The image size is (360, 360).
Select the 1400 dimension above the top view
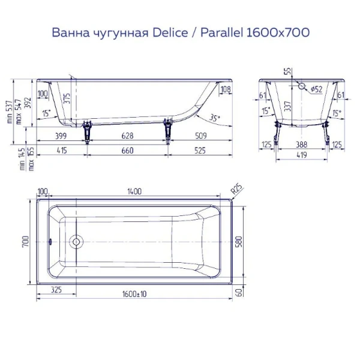(134, 191)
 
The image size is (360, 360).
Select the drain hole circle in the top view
(76, 242)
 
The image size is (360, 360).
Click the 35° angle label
(215, 118)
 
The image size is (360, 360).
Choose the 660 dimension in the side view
(128, 150)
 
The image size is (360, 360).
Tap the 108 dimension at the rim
(226, 90)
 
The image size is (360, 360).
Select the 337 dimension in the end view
(287, 107)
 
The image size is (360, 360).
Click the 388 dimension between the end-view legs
(302, 144)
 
